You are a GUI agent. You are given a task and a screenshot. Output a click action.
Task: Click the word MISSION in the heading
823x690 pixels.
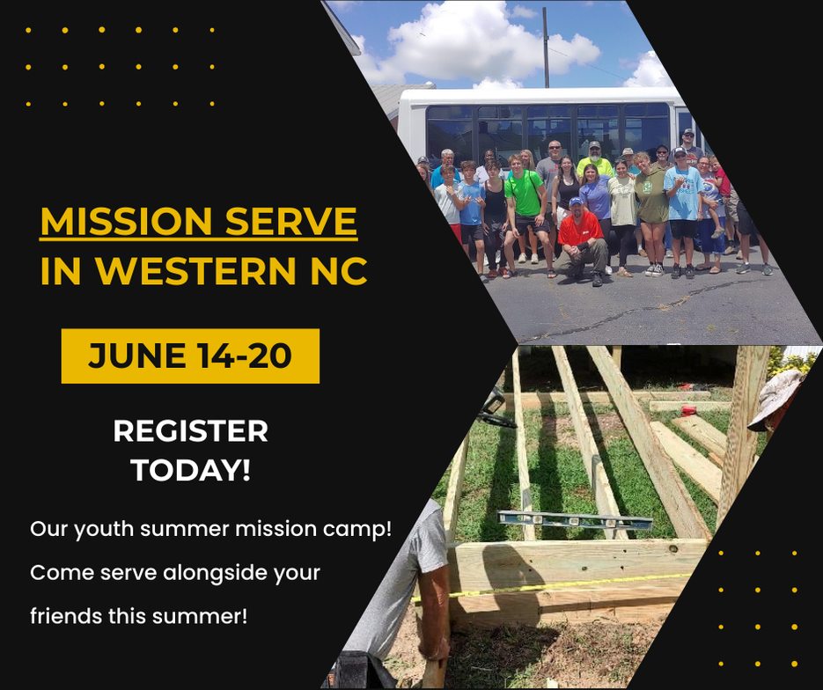tap(126, 221)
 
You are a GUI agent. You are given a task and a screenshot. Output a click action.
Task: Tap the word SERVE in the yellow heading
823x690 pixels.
tap(292, 221)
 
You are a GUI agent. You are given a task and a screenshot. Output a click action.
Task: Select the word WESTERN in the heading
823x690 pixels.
tap(195, 270)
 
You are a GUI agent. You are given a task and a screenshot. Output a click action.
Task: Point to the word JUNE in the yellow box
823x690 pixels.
tap(136, 356)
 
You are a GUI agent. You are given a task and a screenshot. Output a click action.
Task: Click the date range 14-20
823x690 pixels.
tap(245, 356)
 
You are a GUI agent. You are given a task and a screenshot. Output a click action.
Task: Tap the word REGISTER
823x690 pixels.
tap(190, 430)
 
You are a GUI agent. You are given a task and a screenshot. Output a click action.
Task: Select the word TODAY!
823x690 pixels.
tap(190, 470)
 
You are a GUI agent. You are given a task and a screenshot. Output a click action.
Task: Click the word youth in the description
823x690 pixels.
tap(104, 530)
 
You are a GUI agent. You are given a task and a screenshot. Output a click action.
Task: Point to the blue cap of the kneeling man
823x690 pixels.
tap(577, 201)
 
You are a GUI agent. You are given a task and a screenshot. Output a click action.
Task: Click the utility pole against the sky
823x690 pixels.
tap(546, 48)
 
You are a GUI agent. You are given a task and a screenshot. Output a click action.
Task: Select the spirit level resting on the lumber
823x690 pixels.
tap(575, 520)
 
